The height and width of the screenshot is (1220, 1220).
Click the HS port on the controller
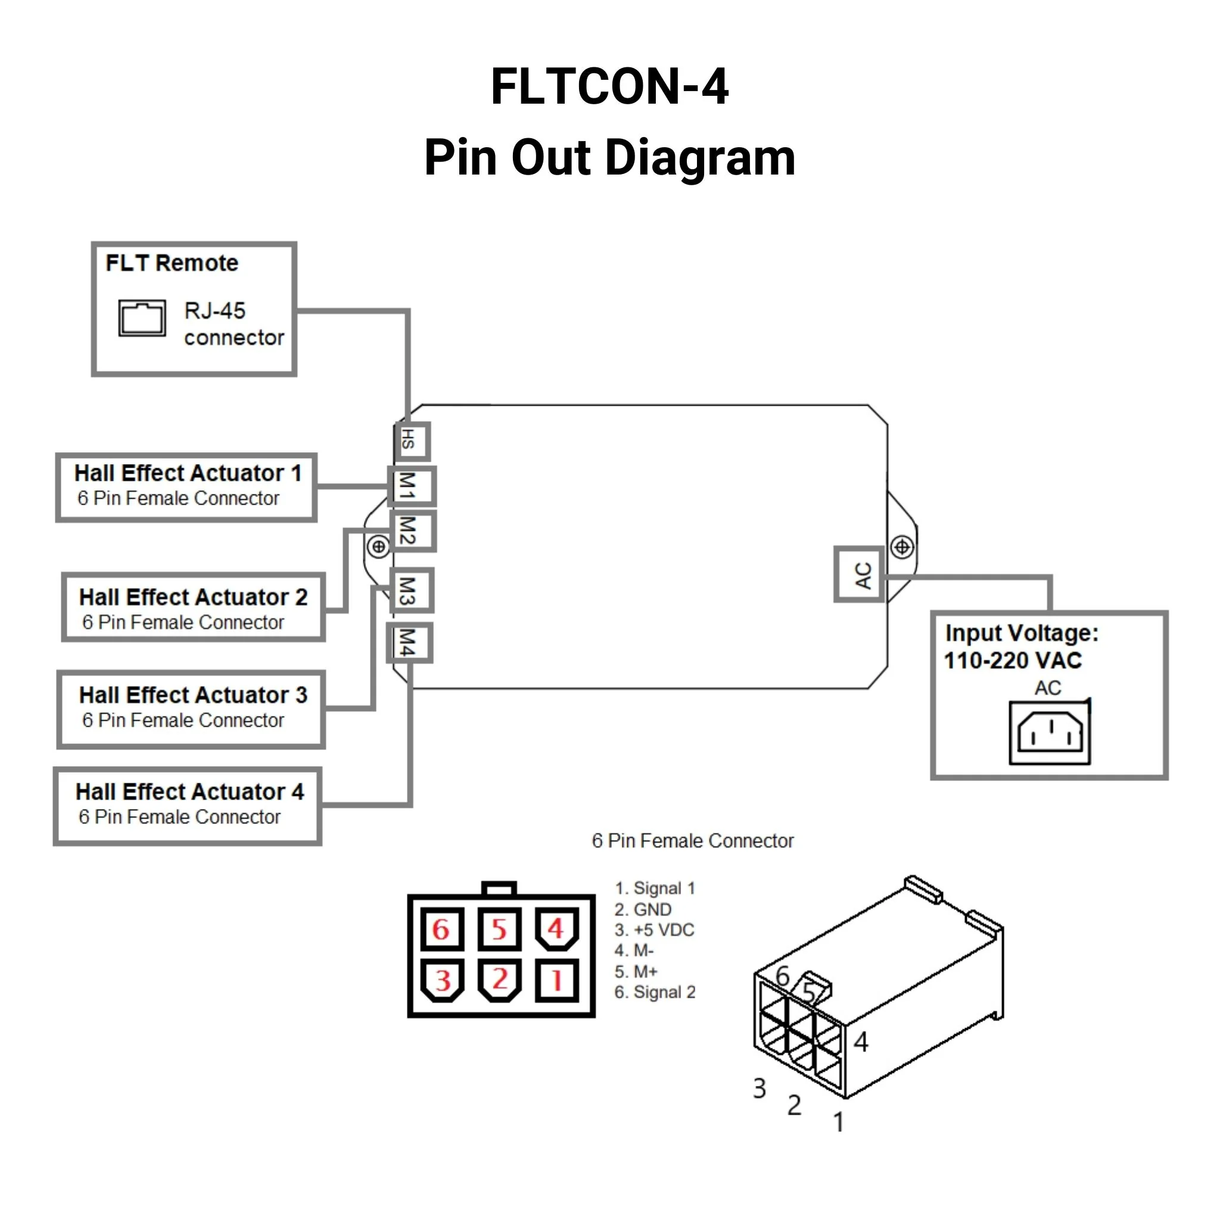(x=412, y=441)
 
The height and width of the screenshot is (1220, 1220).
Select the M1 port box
(x=411, y=486)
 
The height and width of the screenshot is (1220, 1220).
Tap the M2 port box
(x=412, y=531)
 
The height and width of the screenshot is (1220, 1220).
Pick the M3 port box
(x=412, y=590)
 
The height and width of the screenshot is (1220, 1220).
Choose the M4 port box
(x=410, y=643)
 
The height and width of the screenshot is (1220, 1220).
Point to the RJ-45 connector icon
(x=142, y=318)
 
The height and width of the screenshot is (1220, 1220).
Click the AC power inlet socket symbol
(x=1050, y=733)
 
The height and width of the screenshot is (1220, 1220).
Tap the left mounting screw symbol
(x=378, y=546)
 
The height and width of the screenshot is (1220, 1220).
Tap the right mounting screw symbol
(x=902, y=546)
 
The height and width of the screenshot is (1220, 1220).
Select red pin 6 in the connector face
(x=441, y=929)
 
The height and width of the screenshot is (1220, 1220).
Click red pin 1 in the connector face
(x=556, y=981)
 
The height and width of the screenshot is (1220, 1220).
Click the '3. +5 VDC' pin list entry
(x=654, y=930)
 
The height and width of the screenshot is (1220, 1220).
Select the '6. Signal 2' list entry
(x=655, y=992)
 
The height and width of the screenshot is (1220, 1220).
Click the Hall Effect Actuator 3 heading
(x=192, y=695)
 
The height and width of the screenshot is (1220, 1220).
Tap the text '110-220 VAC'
(x=1013, y=661)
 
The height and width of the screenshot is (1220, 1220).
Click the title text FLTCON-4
(x=609, y=86)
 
